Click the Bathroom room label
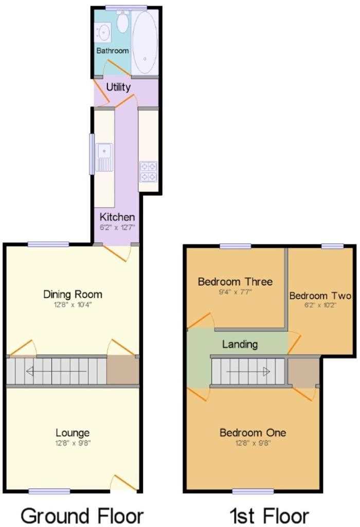113,51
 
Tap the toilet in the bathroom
122,21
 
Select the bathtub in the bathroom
145,42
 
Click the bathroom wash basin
103,32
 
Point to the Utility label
118,87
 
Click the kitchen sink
104,157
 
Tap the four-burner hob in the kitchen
148,171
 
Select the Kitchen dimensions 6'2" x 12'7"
117,227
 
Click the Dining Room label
73,294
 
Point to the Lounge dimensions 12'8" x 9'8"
73,443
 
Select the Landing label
240,344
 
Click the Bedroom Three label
235,282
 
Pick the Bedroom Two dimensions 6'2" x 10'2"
320,306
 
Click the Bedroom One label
253,432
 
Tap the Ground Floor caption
82,515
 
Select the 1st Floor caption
269,515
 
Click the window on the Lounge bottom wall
49,491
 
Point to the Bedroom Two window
332,247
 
